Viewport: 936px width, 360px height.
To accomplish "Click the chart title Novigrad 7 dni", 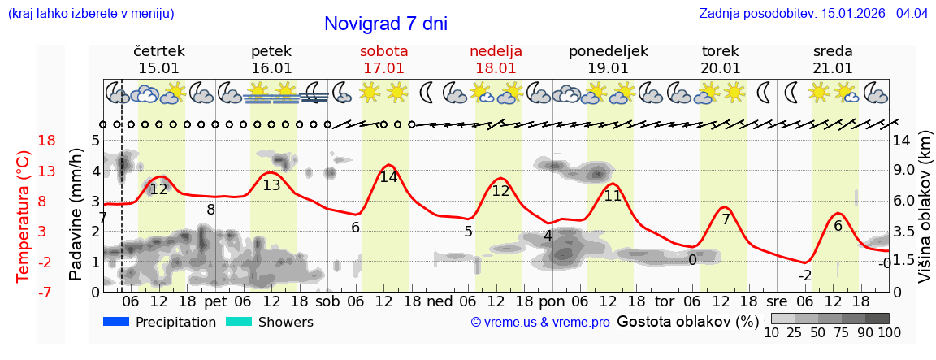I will tap(385, 24).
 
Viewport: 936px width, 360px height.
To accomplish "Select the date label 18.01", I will tap(496, 68).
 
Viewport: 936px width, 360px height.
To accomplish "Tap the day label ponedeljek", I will tap(608, 51).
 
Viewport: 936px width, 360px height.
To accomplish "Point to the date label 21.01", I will tap(832, 68).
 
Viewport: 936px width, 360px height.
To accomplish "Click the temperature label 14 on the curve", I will tap(388, 177).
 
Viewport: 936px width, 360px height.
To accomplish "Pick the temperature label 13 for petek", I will tap(271, 185).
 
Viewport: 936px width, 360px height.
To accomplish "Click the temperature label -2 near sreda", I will tap(804, 275).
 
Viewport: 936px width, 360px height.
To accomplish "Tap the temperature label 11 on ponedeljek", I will tap(613, 196).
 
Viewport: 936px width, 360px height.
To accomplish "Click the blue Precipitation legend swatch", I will tap(116, 322).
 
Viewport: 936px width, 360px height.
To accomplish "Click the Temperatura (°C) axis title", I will tap(24, 215).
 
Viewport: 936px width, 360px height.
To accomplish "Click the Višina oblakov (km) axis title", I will tap(925, 215).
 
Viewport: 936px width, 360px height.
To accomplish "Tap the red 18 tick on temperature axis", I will tap(24, 141).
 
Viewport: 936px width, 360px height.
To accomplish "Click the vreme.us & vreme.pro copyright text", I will tap(540, 323).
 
